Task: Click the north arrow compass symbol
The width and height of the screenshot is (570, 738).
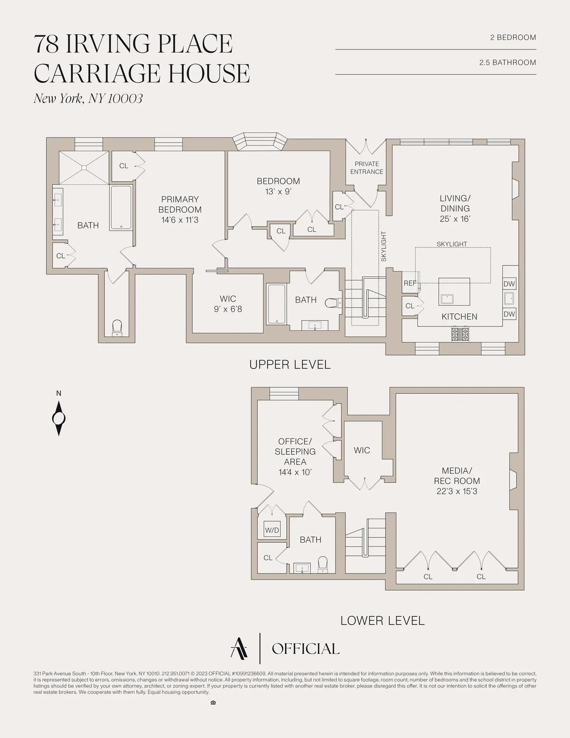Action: coord(58,418)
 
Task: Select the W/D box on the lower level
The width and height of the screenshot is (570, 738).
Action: coord(272,530)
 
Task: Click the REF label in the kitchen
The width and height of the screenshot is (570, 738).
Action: coord(409,283)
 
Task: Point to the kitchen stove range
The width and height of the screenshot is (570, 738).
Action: coord(460,334)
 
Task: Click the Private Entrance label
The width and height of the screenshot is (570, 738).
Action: coord(367,168)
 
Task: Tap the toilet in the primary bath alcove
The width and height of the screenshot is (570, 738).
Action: coord(117,328)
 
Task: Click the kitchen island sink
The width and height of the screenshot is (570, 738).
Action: coord(447,299)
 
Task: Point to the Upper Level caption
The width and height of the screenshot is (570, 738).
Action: coord(290,364)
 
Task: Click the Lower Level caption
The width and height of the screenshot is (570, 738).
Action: coord(382,621)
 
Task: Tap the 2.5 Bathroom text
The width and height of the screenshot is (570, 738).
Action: coord(507,62)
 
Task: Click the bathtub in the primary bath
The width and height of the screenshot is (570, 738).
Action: coord(121,208)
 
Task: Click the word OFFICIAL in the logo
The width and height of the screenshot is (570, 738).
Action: coord(305,649)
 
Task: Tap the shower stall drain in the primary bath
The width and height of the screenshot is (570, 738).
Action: coord(84,167)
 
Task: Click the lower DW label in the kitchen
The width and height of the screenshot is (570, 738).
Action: coord(509,314)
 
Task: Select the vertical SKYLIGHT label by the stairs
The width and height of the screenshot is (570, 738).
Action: coord(383,247)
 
